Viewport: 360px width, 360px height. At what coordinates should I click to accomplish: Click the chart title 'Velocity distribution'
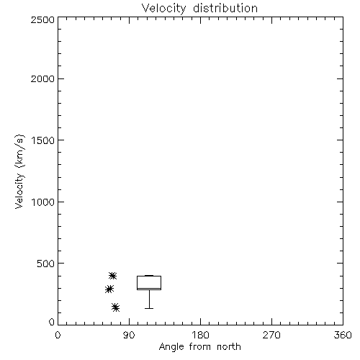pyautogui.click(x=199, y=9)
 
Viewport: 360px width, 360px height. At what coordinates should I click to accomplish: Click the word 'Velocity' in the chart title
pyautogui.click(x=164, y=9)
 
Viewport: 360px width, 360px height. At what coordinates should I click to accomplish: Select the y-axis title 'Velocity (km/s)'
pyautogui.click(x=19, y=171)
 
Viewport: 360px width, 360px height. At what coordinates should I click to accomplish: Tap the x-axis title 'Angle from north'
pyautogui.click(x=199, y=347)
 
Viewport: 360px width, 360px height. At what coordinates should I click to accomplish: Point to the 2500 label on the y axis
pyautogui.click(x=42, y=19)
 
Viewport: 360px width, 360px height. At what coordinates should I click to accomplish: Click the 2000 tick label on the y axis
pyautogui.click(x=42, y=78)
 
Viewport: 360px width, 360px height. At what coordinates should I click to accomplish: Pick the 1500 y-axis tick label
pyautogui.click(x=43, y=140)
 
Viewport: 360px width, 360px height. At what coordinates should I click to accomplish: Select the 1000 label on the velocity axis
pyautogui.click(x=43, y=202)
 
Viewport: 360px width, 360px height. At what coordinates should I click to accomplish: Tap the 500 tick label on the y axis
pyautogui.click(x=46, y=264)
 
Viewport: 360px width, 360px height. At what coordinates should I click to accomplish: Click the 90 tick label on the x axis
pyautogui.click(x=129, y=335)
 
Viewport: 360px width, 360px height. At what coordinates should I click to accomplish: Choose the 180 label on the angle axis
pyautogui.click(x=200, y=335)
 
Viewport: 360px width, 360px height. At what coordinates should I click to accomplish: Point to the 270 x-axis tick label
pyautogui.click(x=271, y=335)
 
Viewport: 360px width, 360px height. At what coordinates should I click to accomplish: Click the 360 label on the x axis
pyautogui.click(x=343, y=335)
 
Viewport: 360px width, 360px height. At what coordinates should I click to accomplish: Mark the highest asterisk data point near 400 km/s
pyautogui.click(x=112, y=276)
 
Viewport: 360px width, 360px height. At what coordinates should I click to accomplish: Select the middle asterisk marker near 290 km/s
pyautogui.click(x=109, y=289)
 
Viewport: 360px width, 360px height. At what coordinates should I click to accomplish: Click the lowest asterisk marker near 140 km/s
pyautogui.click(x=116, y=307)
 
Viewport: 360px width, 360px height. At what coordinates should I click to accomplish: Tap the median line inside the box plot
pyautogui.click(x=149, y=288)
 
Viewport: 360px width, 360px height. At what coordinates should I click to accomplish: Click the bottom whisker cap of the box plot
pyautogui.click(x=149, y=308)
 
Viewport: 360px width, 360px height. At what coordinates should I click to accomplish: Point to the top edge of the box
pyautogui.click(x=149, y=276)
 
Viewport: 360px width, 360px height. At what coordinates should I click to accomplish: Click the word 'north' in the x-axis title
pyautogui.click(x=229, y=347)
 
